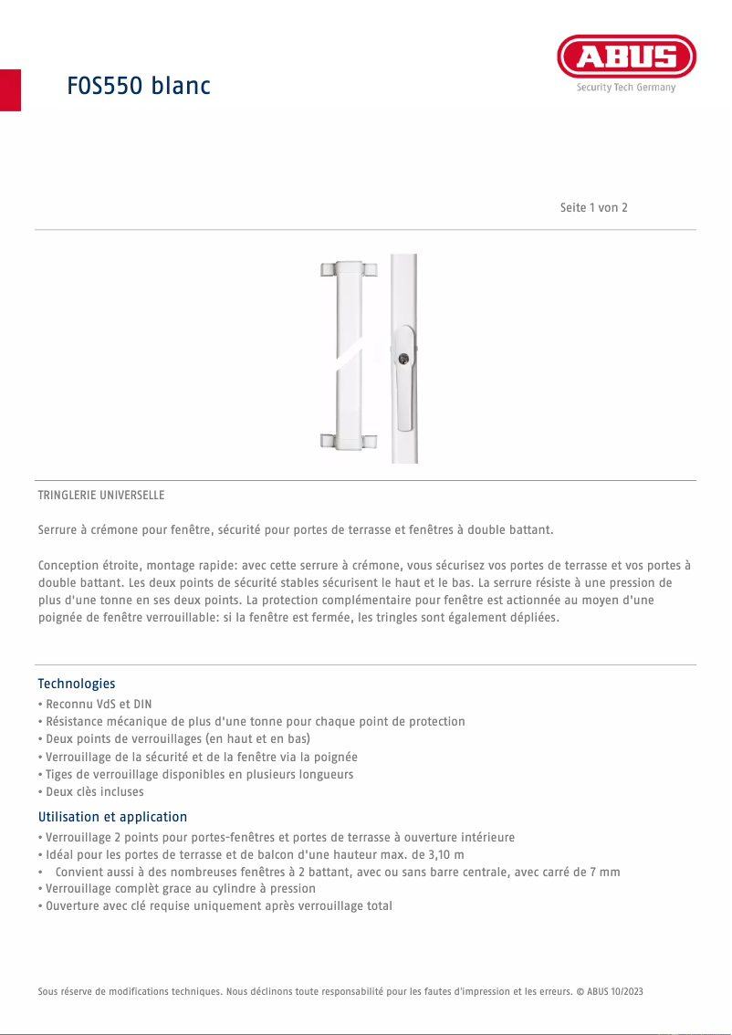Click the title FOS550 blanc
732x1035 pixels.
tap(139, 86)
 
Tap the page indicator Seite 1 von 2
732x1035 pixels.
tap(593, 207)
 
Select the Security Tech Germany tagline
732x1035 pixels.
tap(625, 88)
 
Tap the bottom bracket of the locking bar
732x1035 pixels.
tap(348, 443)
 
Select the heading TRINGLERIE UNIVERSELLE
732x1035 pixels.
tap(101, 495)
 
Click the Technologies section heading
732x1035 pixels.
tap(77, 684)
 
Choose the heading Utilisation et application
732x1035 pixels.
tap(112, 817)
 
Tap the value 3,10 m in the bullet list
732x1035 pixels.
tap(443, 854)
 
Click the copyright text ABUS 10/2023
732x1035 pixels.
tap(614, 991)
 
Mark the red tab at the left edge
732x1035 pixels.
tap(10, 89)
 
